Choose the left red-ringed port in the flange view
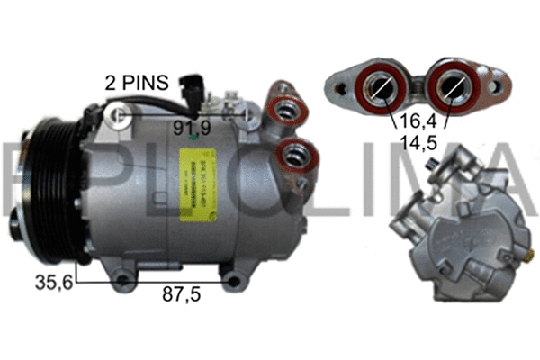[x=379, y=87]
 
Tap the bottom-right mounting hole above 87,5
[x=234, y=282]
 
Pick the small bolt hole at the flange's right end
[x=494, y=86]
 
